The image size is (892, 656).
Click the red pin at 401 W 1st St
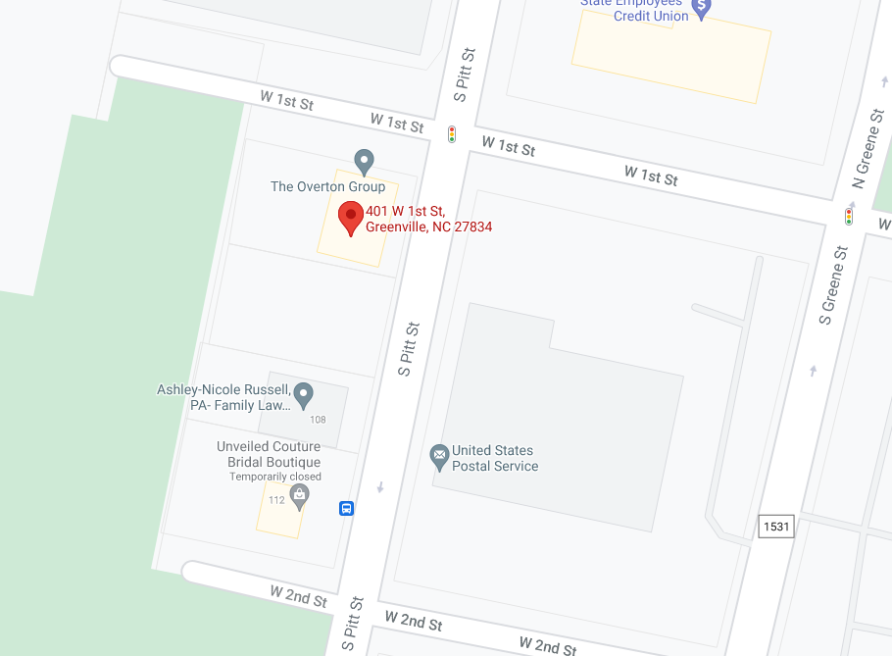(x=351, y=217)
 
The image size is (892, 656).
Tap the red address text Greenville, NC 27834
(x=428, y=227)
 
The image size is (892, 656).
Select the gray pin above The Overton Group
(x=364, y=161)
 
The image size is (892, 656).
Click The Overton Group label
(x=327, y=186)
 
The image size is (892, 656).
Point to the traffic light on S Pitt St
(x=452, y=134)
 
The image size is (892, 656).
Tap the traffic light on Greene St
(x=849, y=216)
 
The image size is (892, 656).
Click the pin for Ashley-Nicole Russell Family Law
(x=304, y=394)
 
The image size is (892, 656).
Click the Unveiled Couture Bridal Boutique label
(x=269, y=454)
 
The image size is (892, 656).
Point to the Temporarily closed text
(x=275, y=477)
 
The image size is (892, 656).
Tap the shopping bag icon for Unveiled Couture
(x=299, y=497)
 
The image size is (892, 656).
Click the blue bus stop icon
(x=346, y=508)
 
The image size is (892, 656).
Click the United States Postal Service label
(x=495, y=459)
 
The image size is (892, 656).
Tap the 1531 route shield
(x=774, y=527)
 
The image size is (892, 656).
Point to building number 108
(x=318, y=420)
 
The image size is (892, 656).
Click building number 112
(x=276, y=500)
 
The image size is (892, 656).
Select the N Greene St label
(x=867, y=149)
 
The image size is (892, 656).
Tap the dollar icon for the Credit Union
(x=703, y=9)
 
